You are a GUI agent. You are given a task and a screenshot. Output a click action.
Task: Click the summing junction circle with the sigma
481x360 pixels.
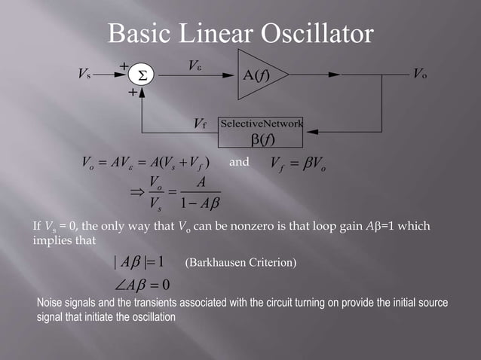(141, 76)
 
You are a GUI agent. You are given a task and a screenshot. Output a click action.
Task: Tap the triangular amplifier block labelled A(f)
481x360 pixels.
(259, 75)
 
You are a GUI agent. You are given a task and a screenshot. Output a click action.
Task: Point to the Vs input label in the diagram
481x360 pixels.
(84, 75)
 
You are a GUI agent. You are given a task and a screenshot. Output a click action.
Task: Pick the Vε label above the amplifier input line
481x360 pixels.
(195, 66)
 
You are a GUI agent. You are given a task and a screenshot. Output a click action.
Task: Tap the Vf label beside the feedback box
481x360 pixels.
(199, 124)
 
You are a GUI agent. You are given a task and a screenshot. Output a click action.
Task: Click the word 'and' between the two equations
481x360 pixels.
(239, 161)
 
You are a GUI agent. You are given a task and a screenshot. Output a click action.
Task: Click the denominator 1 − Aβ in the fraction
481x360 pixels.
(195, 204)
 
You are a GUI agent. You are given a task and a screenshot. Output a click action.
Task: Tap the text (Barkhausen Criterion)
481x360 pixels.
(240, 263)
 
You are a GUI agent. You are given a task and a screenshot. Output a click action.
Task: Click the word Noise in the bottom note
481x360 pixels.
(51, 303)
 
